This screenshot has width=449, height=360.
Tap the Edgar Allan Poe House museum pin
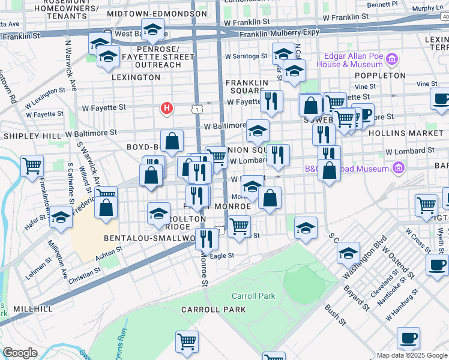[x=392, y=59]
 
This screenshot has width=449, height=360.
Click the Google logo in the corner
[x=20, y=352]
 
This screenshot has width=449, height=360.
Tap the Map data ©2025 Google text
[x=412, y=355]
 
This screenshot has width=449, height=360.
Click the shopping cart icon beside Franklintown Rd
[x=32, y=166]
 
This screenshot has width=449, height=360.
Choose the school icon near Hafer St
[x=61, y=219]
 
